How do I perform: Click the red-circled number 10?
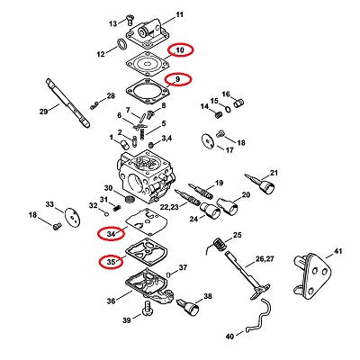click(180, 50)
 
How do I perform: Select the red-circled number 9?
click(177, 79)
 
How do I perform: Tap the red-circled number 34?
click(111, 233)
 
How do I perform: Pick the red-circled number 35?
click(111, 262)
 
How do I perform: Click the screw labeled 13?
click(130, 20)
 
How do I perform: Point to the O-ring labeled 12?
click(121, 44)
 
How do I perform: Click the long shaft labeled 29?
click(67, 103)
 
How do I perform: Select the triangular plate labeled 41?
click(311, 276)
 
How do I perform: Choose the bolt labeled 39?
click(148, 309)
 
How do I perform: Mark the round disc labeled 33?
click(73, 218)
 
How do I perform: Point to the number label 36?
click(111, 301)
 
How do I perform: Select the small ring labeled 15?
click(228, 109)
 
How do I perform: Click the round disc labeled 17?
click(208, 140)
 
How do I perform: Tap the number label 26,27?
click(265, 258)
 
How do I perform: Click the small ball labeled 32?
click(106, 214)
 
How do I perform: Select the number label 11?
click(179, 14)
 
